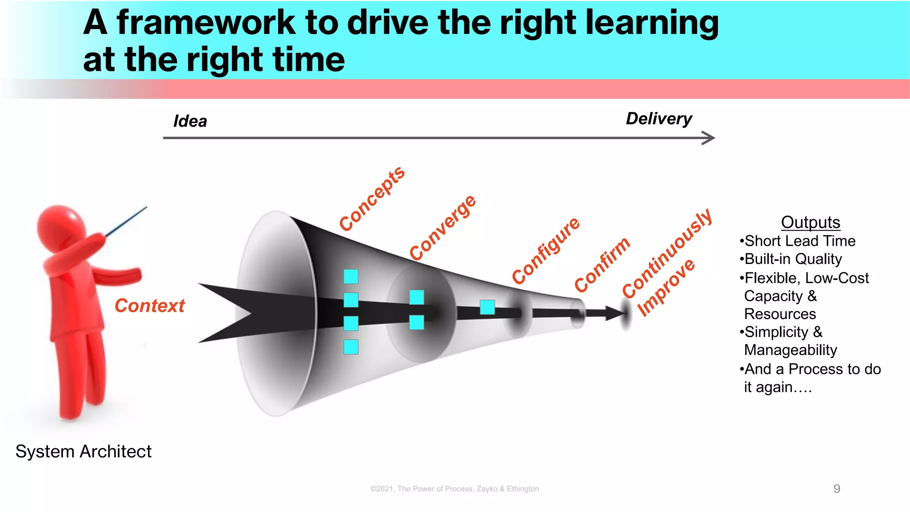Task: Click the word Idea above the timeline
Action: [190, 121]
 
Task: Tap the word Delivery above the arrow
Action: [659, 119]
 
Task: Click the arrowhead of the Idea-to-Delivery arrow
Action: [709, 138]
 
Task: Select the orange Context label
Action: [149, 306]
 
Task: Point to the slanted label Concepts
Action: [372, 199]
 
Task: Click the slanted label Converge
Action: [443, 228]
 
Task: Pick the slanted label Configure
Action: [546, 251]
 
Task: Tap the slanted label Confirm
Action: [602, 264]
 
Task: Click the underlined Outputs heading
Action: [810, 222]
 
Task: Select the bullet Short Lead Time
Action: [799, 241]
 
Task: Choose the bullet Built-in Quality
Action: [793, 259]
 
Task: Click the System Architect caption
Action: [84, 452]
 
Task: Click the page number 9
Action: [837, 489]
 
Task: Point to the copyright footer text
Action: [455, 489]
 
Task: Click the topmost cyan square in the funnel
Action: [351, 276]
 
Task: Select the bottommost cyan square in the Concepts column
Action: [351, 347]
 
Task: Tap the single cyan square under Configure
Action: [487, 307]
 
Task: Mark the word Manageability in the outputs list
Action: [790, 350]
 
